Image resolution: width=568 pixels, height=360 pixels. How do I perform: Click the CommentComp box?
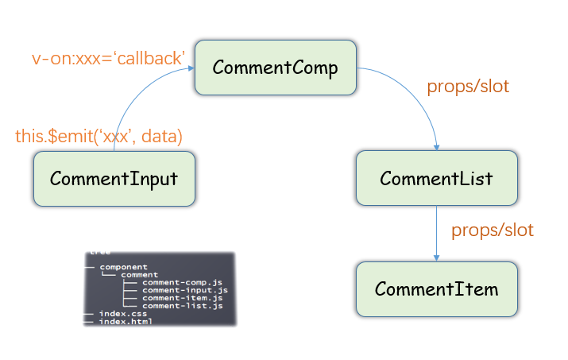(x=276, y=68)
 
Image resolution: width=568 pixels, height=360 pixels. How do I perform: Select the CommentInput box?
(x=114, y=179)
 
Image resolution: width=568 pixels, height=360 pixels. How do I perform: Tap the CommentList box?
(x=436, y=178)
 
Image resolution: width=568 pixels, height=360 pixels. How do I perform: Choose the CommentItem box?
(x=436, y=288)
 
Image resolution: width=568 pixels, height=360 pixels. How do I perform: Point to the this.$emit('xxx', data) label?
(x=99, y=136)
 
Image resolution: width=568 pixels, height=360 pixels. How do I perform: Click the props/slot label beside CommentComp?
(x=468, y=87)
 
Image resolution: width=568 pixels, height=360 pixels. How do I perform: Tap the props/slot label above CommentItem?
(x=493, y=230)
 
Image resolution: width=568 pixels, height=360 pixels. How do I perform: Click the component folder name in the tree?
(x=123, y=267)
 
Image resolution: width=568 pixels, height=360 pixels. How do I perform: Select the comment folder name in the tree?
(x=140, y=275)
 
